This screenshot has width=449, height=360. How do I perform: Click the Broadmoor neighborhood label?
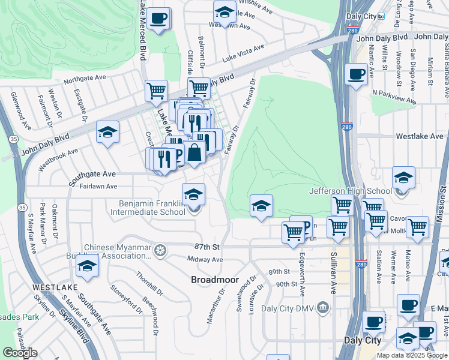tap(215, 280)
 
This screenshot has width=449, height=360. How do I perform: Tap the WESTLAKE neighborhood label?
tap(53, 287)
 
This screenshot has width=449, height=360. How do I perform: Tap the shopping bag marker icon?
tap(194, 154)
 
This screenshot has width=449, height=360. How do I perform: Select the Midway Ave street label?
tap(205, 259)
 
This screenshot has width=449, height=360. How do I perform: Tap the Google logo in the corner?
tap(20, 353)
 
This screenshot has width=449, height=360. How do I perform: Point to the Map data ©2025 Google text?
tap(412, 355)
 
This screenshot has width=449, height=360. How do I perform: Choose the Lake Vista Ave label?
tap(243, 54)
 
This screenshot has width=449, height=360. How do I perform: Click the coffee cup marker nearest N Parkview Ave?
tap(357, 74)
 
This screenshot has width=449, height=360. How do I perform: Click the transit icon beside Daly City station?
tap(381, 17)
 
